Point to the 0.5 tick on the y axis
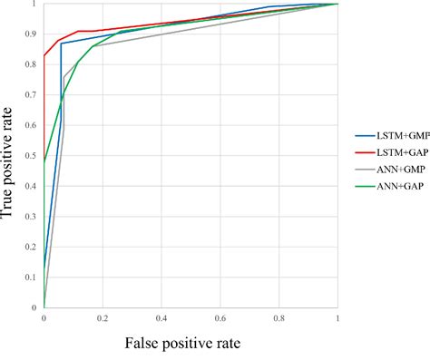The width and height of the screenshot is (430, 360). [33, 156]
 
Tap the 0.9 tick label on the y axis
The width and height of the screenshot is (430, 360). [33, 34]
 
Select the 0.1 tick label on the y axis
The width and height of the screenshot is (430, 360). [33, 277]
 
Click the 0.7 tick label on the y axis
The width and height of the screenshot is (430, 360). [33, 95]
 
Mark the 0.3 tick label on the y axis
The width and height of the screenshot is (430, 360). [33, 217]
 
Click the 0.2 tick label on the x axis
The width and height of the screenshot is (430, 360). [103, 319]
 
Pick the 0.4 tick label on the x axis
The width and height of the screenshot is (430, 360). [161, 319]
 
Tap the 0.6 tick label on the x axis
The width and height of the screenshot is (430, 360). [220, 319]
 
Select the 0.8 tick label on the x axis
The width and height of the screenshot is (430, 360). [279, 319]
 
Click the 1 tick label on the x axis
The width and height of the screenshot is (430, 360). [338, 319]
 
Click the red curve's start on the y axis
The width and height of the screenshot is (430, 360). [44, 56]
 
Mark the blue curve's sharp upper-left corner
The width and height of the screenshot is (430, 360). [61, 44]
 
